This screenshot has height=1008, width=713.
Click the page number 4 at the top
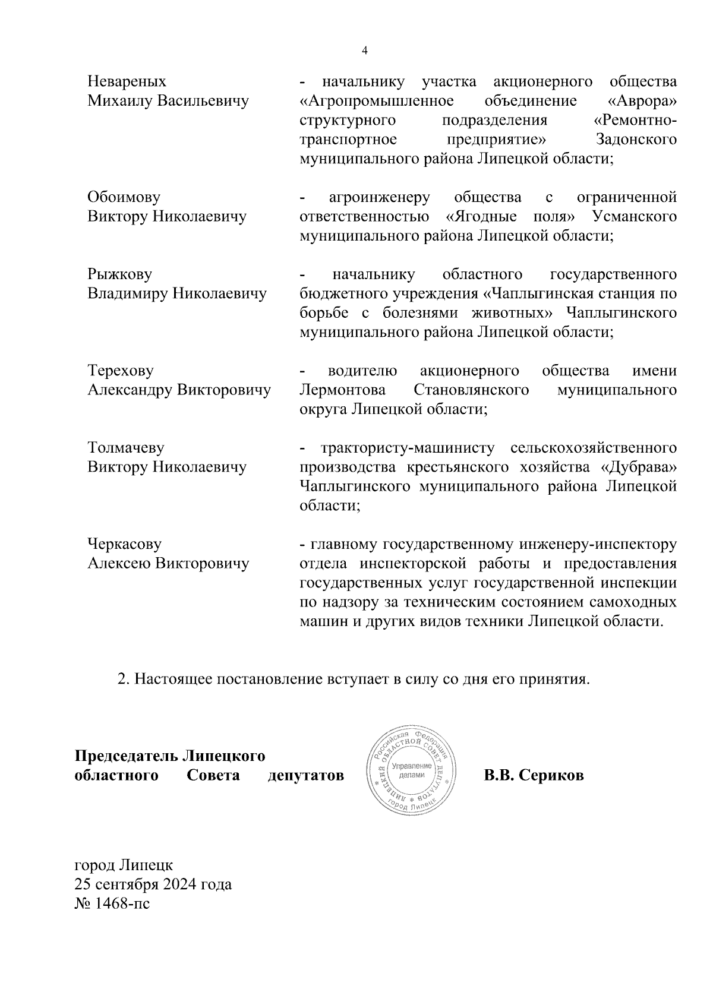(x=365, y=51)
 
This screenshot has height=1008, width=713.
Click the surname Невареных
(x=127, y=81)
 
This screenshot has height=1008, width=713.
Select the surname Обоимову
(x=124, y=197)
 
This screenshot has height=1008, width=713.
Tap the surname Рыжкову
(x=119, y=274)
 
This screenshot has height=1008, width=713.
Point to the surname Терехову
(x=120, y=371)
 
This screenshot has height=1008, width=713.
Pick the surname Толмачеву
(x=125, y=448)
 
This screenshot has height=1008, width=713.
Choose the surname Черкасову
(x=124, y=544)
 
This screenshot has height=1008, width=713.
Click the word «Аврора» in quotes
(x=643, y=101)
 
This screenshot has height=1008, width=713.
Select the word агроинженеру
(x=379, y=197)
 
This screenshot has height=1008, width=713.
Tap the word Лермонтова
(x=342, y=390)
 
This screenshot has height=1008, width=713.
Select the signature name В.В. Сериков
(x=534, y=775)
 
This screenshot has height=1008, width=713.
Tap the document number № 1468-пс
(x=112, y=904)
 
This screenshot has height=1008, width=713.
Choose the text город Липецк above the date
(x=124, y=865)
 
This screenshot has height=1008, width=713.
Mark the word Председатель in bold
(x=125, y=756)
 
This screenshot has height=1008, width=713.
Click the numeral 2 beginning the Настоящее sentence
(x=124, y=679)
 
